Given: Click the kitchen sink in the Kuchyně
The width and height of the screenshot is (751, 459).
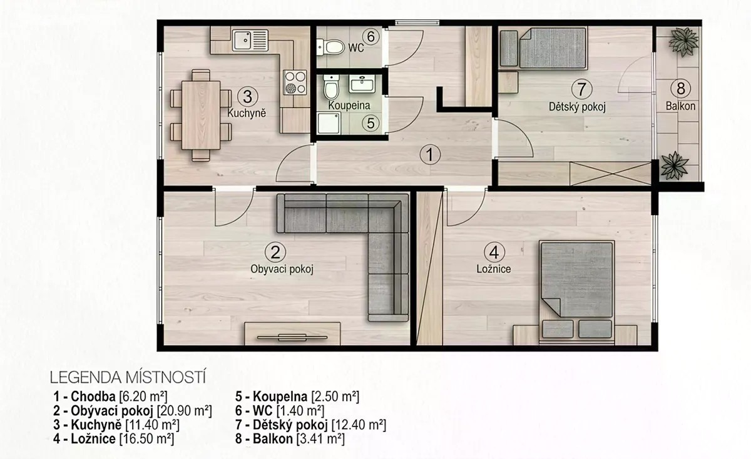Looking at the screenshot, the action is point(250,40).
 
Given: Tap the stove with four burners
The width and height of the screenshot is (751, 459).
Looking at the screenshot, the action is point(295,82).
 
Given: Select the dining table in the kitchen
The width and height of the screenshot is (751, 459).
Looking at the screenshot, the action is point(201,115).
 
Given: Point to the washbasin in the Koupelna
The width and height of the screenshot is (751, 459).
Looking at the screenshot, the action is point(362,83).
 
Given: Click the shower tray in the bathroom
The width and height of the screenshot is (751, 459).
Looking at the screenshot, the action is point(329,123).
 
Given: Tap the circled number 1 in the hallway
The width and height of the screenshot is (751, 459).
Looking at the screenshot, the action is point(430,154).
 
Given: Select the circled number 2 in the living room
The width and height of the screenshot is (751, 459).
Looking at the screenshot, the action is point(275,252).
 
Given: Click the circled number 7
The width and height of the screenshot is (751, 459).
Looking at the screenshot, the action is point(581,89).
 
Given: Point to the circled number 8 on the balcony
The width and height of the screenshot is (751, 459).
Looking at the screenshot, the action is point(681,89).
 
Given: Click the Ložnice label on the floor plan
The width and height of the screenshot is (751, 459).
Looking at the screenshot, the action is point(494,269).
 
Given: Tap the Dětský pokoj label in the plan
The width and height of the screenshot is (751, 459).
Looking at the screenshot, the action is point(577,107).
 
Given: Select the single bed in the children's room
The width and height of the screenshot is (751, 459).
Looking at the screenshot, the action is point(543,48).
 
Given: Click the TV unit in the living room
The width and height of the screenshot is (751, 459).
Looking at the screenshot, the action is point(292,334).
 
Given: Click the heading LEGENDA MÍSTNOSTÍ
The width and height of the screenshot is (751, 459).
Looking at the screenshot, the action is point(128,378).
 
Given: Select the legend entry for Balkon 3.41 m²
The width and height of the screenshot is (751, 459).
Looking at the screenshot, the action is point(290,439).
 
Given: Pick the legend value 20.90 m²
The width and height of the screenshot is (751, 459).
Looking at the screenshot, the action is point(185,411).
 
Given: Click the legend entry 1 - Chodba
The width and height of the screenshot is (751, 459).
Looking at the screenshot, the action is point(84,396).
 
